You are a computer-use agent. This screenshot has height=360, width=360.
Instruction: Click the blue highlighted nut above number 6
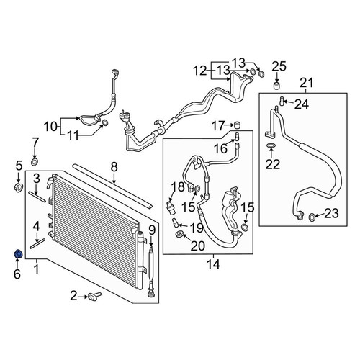(19, 254)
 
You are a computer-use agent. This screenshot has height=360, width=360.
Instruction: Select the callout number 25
(279, 66)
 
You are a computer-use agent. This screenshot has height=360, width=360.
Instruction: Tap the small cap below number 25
(277, 86)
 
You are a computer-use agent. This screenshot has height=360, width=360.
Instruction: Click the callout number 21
(307, 83)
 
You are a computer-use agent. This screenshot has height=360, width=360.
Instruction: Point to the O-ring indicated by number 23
(311, 217)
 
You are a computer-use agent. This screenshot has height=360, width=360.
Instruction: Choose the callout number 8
(114, 167)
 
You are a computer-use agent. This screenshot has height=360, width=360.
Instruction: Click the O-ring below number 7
(35, 162)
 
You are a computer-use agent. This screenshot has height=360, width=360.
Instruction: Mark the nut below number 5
(19, 186)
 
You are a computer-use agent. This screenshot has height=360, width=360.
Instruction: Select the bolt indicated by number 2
(94, 296)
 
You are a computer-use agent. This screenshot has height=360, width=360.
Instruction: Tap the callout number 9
(152, 230)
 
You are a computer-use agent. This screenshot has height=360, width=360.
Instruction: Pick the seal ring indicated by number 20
(179, 234)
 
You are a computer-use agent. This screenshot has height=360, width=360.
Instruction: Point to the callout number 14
(213, 264)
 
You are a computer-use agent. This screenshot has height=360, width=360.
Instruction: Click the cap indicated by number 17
(238, 125)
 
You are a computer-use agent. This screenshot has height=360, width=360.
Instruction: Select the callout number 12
(200, 71)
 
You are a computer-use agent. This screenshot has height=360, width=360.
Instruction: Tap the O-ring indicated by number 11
(105, 123)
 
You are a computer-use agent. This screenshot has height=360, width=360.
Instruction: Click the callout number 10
(50, 127)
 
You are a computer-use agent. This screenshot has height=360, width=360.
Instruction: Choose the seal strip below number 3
(37, 197)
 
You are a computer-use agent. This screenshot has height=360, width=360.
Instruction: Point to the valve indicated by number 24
(282, 101)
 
